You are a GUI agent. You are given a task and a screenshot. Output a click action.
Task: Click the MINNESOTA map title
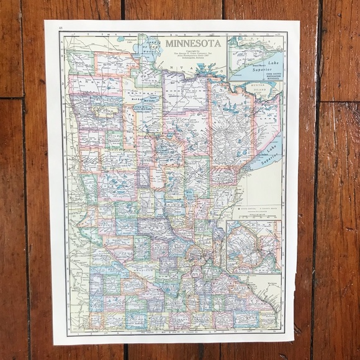tap(193, 43)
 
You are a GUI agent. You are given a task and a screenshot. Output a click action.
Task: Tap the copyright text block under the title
tap(192, 58)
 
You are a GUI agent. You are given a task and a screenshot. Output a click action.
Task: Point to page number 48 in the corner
tap(60, 28)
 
